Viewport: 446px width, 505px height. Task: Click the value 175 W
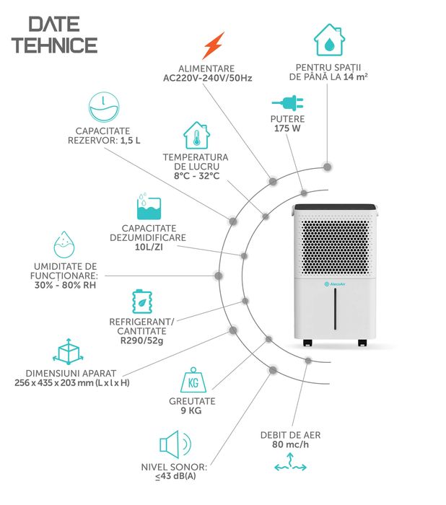[x=288, y=129]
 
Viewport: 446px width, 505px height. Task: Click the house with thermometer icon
[x=195, y=135]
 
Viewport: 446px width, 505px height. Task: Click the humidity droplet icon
[x=65, y=245]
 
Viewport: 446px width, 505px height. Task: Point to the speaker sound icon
[x=174, y=444]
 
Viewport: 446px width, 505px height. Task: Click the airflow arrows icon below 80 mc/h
[x=291, y=466]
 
